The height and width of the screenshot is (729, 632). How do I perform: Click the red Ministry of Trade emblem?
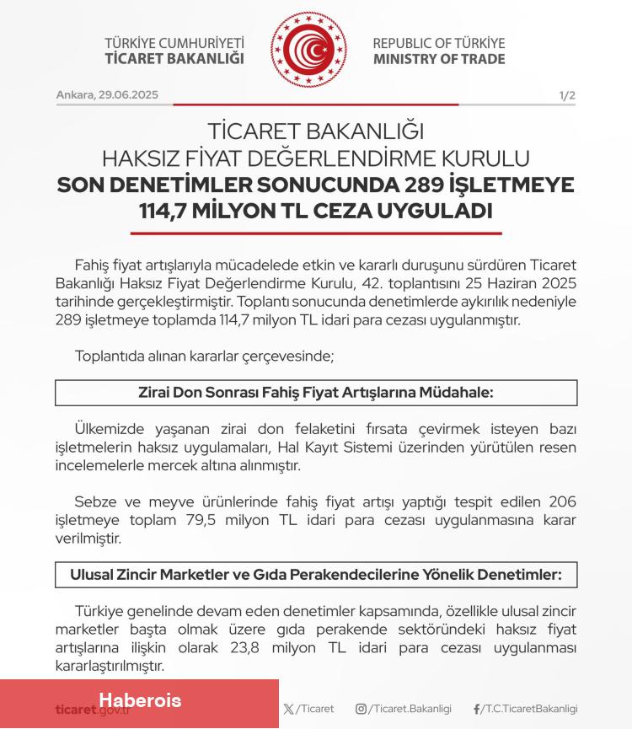(308, 49)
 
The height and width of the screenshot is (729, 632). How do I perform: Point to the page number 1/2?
(567, 96)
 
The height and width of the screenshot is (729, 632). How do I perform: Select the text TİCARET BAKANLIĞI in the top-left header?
(174, 59)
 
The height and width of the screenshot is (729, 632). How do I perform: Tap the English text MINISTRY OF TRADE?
(439, 59)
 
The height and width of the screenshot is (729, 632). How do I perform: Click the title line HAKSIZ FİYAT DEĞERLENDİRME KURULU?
(316, 158)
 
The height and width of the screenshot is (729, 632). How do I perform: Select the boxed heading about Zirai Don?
(316, 393)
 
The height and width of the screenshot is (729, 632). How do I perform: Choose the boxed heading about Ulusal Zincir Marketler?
(316, 575)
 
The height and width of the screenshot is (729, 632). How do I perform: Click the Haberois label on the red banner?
(140, 700)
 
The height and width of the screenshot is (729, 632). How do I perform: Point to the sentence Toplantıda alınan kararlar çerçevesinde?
(205, 356)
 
